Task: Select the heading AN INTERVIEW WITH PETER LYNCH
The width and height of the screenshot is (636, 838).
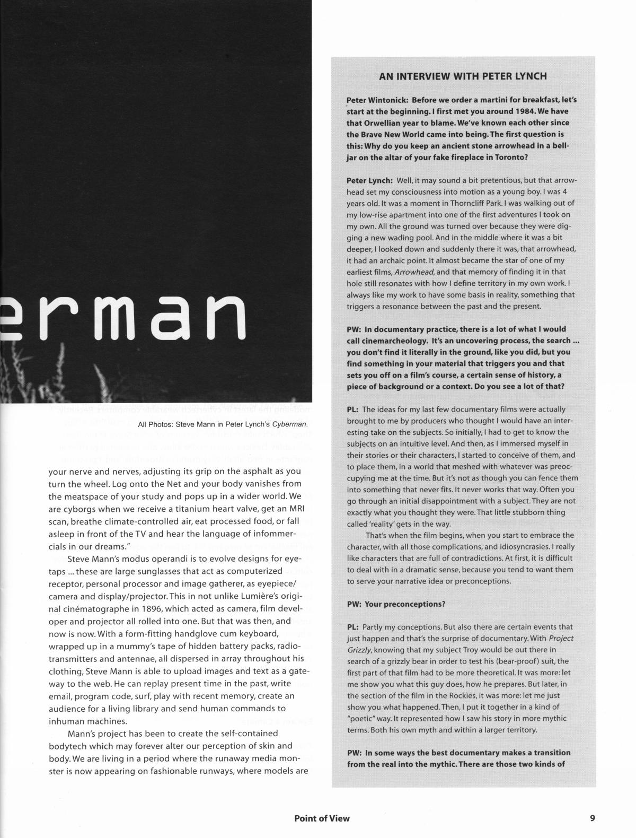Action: point(463,76)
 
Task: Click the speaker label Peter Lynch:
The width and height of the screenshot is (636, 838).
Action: point(369,180)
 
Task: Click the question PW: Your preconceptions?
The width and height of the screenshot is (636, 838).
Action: point(396,604)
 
